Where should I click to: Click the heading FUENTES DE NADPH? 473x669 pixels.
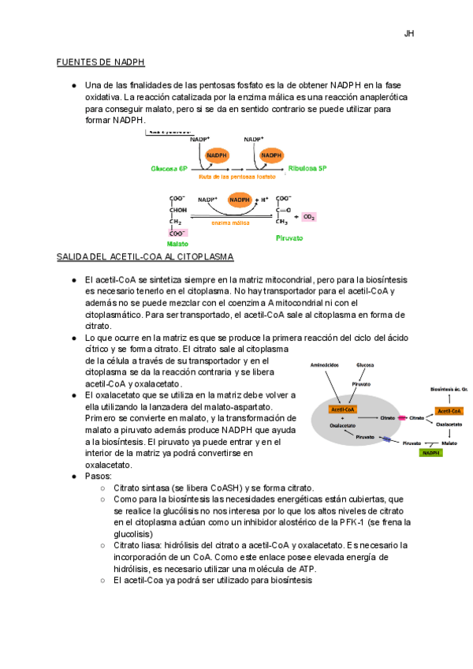(x=100, y=62)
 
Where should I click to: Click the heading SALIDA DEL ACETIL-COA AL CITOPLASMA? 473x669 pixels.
(x=145, y=258)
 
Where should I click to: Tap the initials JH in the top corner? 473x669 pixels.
(x=409, y=34)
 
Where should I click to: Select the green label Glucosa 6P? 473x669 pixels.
(x=169, y=169)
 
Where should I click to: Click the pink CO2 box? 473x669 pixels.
(x=309, y=216)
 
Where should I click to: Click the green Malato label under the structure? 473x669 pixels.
(x=177, y=245)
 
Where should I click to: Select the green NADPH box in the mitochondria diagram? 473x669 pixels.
(x=430, y=453)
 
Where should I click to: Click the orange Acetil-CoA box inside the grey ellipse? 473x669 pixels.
(x=344, y=409)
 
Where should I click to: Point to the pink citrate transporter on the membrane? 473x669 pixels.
(x=402, y=417)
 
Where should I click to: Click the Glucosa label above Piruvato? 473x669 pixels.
(x=365, y=365)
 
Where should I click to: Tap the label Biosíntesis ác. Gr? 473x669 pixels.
(x=449, y=389)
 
